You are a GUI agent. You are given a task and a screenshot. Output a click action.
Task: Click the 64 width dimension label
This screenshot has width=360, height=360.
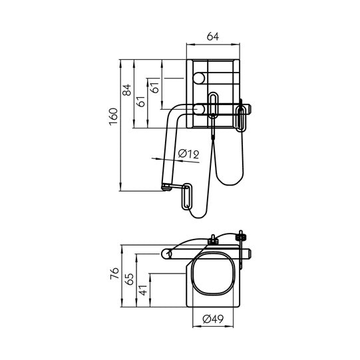point(212,37)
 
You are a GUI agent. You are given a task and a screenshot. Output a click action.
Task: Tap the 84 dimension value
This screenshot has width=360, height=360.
point(127,90)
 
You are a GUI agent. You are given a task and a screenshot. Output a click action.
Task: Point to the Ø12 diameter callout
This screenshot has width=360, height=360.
point(189,154)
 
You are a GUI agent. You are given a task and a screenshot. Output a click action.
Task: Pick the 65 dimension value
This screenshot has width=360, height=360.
point(128,280)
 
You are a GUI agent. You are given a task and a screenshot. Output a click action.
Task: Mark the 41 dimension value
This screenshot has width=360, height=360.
point(142,290)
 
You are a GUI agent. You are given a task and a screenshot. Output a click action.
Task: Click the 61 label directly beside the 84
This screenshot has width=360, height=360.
point(140,101)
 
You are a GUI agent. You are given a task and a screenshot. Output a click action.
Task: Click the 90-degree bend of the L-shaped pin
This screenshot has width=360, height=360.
point(174,112)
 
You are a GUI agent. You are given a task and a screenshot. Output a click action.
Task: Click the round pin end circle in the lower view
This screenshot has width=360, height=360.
point(169,253)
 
